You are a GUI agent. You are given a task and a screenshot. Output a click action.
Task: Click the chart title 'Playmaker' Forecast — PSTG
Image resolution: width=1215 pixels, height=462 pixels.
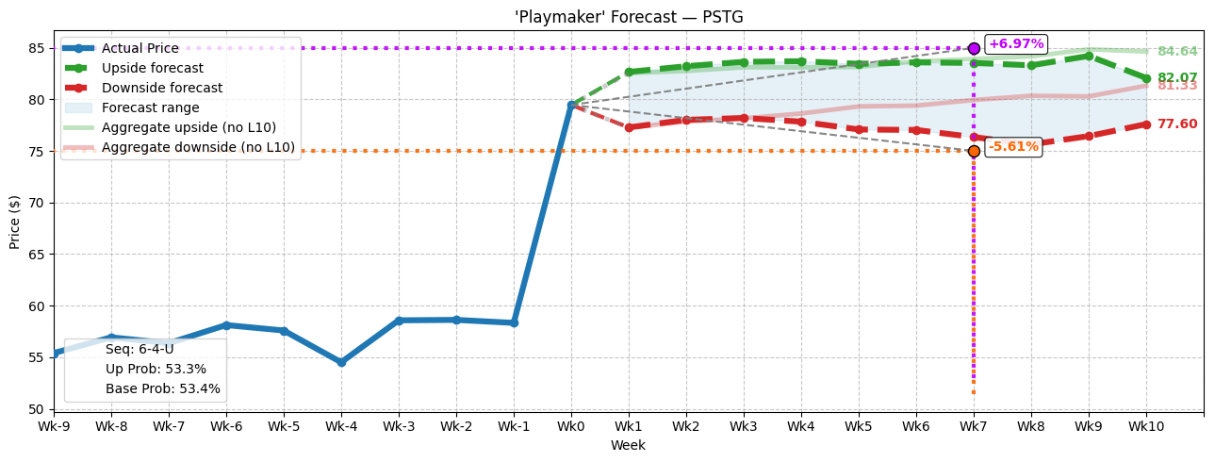(629, 17)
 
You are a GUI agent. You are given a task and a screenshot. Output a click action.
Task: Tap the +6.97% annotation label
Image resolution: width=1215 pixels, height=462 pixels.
(1015, 44)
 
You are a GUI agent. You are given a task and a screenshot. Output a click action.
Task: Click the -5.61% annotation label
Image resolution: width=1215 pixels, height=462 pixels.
(1013, 146)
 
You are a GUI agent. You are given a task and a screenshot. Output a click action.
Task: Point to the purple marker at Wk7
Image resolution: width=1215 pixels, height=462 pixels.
(974, 48)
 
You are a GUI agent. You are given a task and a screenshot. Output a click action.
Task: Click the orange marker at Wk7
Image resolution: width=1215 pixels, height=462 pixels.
(974, 151)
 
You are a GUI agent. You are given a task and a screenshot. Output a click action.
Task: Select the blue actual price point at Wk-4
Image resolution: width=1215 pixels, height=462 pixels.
(341, 362)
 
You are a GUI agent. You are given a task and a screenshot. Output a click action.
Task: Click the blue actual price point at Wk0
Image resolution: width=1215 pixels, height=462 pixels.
(571, 105)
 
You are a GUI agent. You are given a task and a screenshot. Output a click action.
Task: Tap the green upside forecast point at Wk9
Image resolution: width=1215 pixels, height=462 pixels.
(1089, 56)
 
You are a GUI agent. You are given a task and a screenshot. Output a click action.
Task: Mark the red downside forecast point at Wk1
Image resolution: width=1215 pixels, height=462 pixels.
(629, 127)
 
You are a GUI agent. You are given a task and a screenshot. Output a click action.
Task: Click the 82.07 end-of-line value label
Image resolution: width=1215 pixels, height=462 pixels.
(1176, 78)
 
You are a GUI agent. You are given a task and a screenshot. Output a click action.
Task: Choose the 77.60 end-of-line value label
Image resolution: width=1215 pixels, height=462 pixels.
(1176, 124)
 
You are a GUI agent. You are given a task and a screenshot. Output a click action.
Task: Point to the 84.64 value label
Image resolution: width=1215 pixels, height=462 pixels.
(1176, 52)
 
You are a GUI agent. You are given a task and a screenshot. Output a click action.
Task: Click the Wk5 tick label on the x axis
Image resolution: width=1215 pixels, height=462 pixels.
(859, 426)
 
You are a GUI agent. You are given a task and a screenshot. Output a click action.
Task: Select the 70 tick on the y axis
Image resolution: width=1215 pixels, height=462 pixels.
(36, 203)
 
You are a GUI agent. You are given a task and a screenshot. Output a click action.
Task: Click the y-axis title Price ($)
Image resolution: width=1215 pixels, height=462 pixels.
(14, 222)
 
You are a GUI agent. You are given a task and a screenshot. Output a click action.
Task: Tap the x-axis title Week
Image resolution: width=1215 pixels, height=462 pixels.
(628, 445)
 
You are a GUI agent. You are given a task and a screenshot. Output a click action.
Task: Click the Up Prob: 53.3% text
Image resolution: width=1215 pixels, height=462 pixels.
(156, 369)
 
